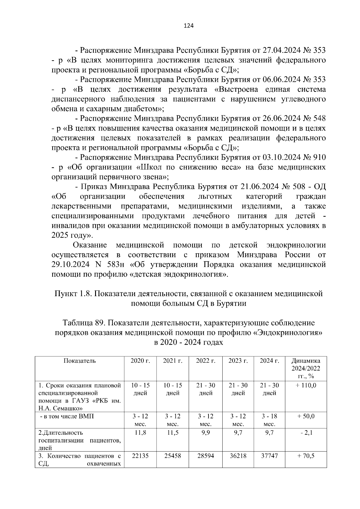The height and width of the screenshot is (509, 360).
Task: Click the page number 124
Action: (189, 26)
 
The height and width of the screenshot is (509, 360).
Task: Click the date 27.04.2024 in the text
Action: (282, 50)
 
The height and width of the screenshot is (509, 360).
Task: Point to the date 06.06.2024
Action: (282, 80)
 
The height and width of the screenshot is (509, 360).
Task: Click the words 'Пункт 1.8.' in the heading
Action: (73, 294)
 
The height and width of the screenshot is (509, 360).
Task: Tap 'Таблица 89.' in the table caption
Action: (83, 323)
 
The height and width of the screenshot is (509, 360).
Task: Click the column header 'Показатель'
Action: (79, 361)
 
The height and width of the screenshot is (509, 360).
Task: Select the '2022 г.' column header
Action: (205, 361)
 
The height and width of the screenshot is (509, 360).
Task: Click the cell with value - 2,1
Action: (306, 433)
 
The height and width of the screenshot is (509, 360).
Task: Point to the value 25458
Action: (172, 456)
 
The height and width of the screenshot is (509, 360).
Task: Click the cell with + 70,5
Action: (306, 456)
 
